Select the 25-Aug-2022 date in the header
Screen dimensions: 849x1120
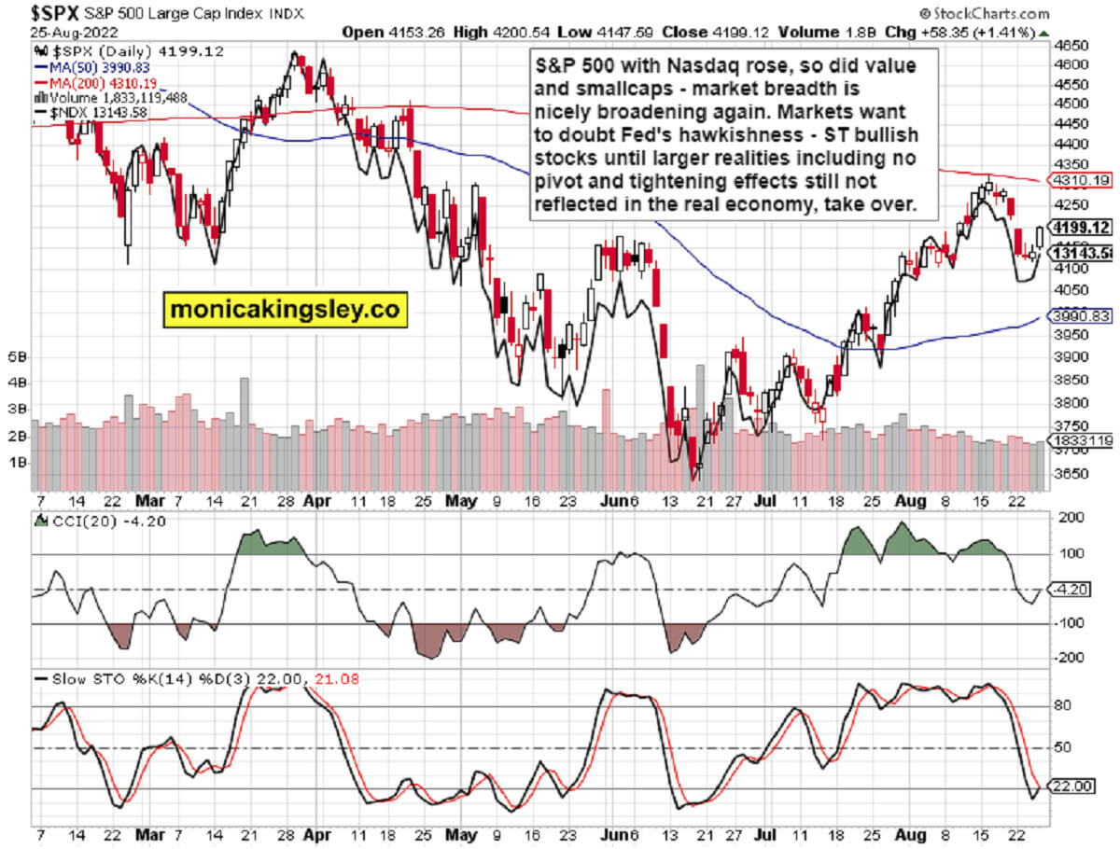(x=58, y=31)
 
